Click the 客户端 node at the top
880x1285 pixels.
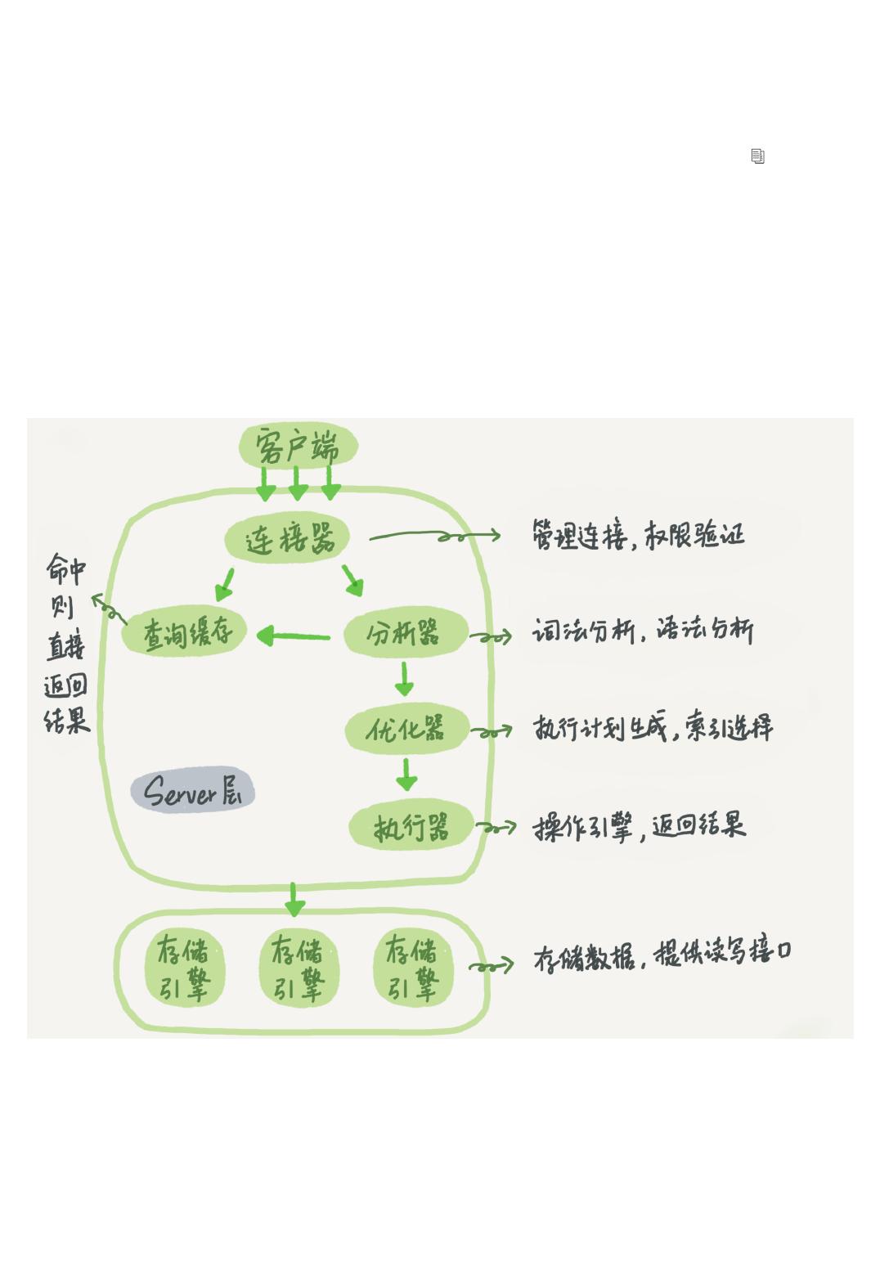point(298,447)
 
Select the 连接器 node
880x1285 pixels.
point(288,540)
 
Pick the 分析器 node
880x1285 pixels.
point(405,633)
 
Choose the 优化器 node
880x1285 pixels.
point(406,729)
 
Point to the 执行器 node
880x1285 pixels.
point(411,827)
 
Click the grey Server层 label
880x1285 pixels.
point(193,791)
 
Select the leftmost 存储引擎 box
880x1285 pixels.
point(184,968)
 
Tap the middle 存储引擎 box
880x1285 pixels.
point(298,968)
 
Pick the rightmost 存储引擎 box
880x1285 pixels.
point(412,968)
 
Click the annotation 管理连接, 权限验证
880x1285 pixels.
point(638,536)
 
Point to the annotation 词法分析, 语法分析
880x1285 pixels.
point(643,631)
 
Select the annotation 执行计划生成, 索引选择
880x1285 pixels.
point(652,727)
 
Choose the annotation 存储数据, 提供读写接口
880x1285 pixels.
point(662,954)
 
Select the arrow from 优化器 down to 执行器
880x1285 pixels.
point(406,774)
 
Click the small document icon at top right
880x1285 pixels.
point(758,156)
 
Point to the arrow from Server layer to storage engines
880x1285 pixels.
point(294,899)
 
